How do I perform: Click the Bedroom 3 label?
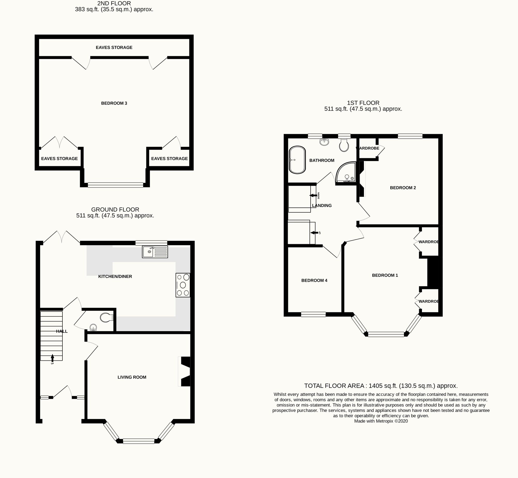point(114,103)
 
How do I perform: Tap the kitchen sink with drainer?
point(155,252)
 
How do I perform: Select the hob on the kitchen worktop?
point(183,285)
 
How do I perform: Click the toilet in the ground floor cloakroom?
point(106,317)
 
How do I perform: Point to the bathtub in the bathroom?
point(297,160)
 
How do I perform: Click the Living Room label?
point(132,377)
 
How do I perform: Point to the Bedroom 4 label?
point(314,280)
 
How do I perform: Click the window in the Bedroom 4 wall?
point(313,314)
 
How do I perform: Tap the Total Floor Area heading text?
point(381,386)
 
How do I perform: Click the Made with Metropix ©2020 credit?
point(381,421)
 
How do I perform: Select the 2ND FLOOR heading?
point(114,4)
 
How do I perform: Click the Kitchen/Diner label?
point(115,277)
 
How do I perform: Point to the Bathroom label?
point(322,161)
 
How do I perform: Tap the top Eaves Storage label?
point(114,47)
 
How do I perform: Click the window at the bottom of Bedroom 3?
point(115,185)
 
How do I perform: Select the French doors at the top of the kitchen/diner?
point(62,237)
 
